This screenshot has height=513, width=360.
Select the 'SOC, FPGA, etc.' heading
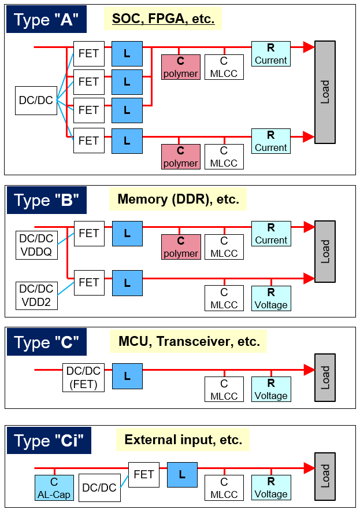click(163, 19)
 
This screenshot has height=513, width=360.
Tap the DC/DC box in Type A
click(36, 101)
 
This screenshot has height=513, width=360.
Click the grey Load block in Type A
click(325, 93)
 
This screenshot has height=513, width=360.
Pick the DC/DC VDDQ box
click(36, 245)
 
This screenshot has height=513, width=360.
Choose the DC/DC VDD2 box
click(36, 294)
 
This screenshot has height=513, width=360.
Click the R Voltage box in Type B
click(270, 298)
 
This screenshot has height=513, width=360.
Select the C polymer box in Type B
click(181, 247)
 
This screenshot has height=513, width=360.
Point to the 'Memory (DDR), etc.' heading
click(178, 200)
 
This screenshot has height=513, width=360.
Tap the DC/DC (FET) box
click(84, 377)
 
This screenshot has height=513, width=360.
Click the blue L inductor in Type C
click(127, 377)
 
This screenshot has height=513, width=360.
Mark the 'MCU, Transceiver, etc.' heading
click(188, 341)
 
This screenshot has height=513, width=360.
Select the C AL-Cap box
click(54, 488)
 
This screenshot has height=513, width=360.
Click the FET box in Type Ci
click(143, 475)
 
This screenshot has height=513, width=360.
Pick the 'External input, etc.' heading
click(183, 440)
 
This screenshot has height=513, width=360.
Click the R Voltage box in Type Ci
click(270, 488)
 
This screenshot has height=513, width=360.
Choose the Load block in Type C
click(325, 377)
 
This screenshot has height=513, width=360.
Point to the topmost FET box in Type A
click(88, 54)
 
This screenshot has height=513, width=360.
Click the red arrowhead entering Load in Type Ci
click(309, 467)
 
